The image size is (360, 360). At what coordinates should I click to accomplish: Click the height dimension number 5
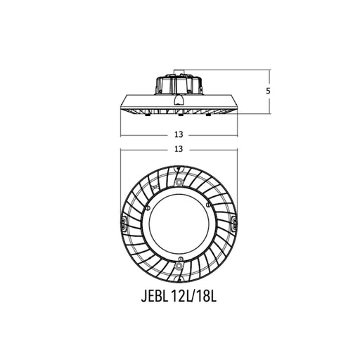click(x=268, y=91)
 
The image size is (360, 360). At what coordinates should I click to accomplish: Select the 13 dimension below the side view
click(x=179, y=134)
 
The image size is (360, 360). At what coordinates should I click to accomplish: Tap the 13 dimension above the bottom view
click(x=179, y=149)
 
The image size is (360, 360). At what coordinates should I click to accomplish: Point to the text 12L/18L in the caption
click(x=194, y=297)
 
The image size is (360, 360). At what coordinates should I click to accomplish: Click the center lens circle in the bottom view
click(x=179, y=224)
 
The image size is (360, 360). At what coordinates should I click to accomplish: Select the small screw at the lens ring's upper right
click(x=207, y=205)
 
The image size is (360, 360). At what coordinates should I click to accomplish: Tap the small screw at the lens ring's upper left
click(x=148, y=208)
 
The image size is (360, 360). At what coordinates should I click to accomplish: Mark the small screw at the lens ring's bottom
click(x=180, y=259)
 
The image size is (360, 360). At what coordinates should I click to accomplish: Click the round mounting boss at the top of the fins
click(x=179, y=181)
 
